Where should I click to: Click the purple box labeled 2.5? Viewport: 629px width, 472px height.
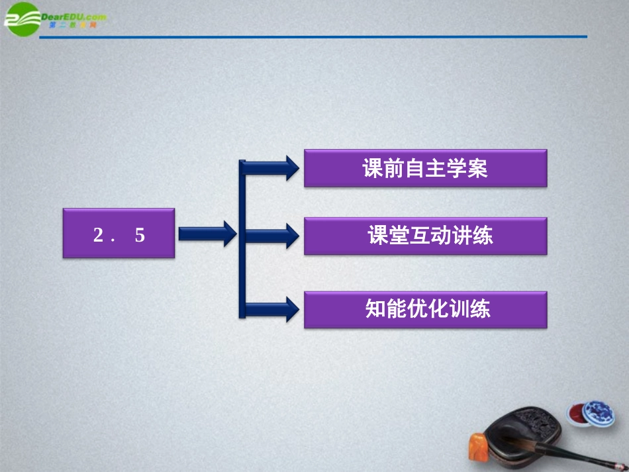tap(119, 233)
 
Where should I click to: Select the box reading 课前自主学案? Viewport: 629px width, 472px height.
tap(425, 168)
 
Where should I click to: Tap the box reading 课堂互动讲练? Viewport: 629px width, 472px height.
tap(425, 236)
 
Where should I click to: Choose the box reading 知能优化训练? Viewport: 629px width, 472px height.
tap(425, 309)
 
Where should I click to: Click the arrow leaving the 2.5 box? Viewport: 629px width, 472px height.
tap(207, 233)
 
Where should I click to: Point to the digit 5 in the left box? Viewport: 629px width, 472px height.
tap(139, 235)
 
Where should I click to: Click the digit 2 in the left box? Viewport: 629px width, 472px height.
tap(99, 235)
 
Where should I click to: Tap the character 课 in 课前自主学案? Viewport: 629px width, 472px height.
tap(373, 169)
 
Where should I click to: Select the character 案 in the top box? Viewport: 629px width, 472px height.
tap(477, 169)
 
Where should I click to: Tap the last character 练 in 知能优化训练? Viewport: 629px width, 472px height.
tap(479, 310)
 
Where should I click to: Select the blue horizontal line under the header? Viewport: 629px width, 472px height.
tap(311, 37)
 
